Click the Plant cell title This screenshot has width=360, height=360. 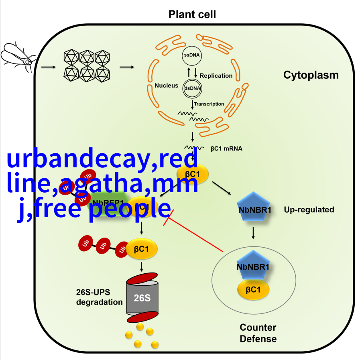[192, 15]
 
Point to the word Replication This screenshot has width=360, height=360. [216, 75]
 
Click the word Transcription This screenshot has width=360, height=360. [209, 104]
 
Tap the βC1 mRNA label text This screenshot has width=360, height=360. [226, 148]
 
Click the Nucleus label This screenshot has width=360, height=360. [166, 85]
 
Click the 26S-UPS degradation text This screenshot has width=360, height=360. [99, 297]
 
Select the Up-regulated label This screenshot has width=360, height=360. [309, 209]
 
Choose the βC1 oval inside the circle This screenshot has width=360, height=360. [253, 290]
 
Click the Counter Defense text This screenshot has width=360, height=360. [258, 333]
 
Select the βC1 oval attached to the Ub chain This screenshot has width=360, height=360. [142, 249]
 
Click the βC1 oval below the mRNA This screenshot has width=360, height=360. [193, 174]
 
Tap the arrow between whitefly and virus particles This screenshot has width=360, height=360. [48, 66]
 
